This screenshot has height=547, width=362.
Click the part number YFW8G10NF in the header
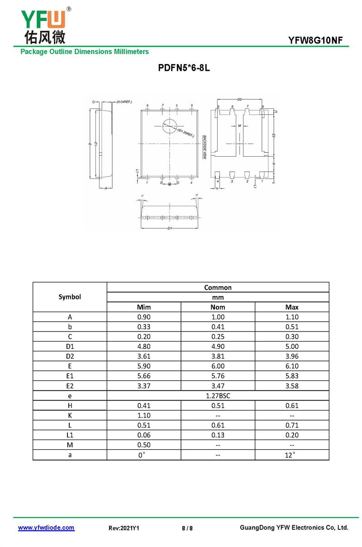(319, 41)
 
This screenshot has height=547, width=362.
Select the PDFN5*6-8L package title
(184, 68)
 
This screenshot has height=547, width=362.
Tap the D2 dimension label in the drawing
(239, 99)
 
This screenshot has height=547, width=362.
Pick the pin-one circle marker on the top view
(170, 126)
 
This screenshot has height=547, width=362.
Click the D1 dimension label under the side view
(169, 229)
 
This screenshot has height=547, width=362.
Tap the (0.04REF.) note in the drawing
(124, 102)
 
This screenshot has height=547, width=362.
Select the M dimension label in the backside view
(239, 126)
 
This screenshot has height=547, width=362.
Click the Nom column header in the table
(218, 307)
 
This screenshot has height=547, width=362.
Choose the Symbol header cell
(70, 297)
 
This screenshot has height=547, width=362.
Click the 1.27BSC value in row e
(218, 396)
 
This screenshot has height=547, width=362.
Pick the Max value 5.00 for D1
(292, 346)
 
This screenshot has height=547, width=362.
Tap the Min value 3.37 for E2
(144, 386)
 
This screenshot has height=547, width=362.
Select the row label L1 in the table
(70, 435)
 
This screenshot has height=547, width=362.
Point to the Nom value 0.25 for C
(218, 337)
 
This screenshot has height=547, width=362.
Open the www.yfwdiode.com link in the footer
(46, 528)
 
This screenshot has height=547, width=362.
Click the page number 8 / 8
(187, 528)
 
